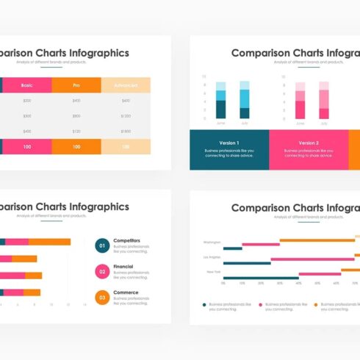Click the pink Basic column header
27,85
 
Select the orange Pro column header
76,85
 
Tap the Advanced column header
126,85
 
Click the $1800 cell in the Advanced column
126,131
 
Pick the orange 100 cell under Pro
76,147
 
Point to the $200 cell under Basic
27,101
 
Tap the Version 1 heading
228,143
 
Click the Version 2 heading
309,143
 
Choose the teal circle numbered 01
102,245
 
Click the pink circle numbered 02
102,272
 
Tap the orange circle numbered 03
102,298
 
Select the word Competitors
127,240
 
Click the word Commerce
125,292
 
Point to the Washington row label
212,242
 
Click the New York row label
214,272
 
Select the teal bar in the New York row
260,278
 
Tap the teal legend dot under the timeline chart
204,303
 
